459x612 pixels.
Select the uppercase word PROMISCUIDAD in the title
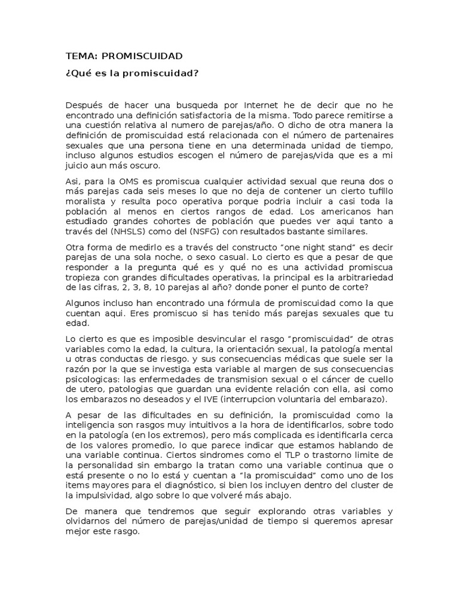[142, 56]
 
